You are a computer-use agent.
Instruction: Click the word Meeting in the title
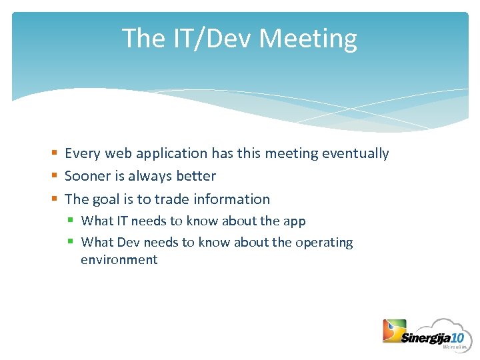(307, 39)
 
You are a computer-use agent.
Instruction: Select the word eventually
(355, 153)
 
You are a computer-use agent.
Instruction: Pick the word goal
(106, 199)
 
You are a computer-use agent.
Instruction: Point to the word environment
(119, 260)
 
